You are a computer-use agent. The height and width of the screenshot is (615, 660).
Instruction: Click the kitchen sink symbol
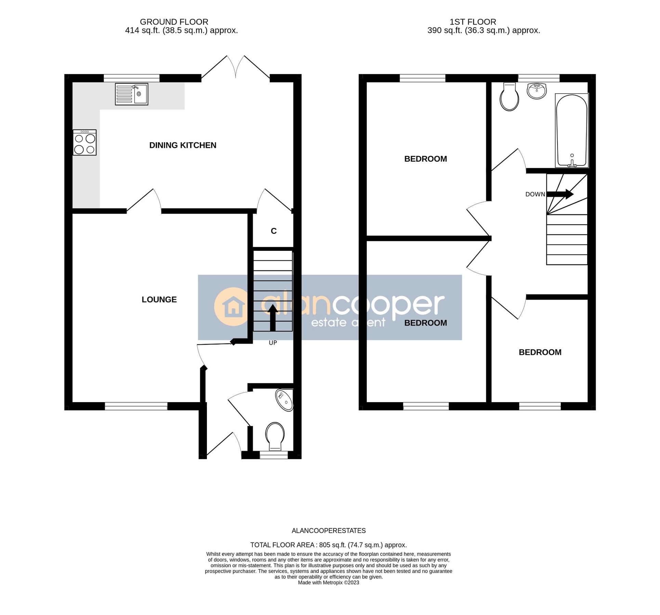click(132, 94)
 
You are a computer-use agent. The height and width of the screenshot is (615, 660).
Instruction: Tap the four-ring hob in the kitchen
click(84, 143)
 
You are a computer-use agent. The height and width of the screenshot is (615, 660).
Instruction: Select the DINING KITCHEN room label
click(183, 146)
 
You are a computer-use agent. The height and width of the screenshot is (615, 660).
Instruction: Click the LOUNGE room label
click(159, 300)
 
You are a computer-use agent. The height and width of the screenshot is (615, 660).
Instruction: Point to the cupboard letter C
click(274, 232)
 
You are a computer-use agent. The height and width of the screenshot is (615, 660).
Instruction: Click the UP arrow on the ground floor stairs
click(273, 318)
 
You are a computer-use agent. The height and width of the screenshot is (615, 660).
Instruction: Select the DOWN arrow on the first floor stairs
click(560, 194)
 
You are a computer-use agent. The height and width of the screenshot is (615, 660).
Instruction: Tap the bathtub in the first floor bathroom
click(572, 131)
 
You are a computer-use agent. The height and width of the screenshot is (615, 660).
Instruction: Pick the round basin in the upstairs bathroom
click(537, 91)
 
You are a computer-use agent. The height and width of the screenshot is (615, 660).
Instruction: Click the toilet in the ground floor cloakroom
click(275, 437)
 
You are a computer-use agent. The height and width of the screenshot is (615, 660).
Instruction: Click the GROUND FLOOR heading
click(174, 22)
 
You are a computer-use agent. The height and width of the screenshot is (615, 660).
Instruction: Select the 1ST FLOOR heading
click(473, 22)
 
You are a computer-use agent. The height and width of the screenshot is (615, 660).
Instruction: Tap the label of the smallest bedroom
click(540, 353)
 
